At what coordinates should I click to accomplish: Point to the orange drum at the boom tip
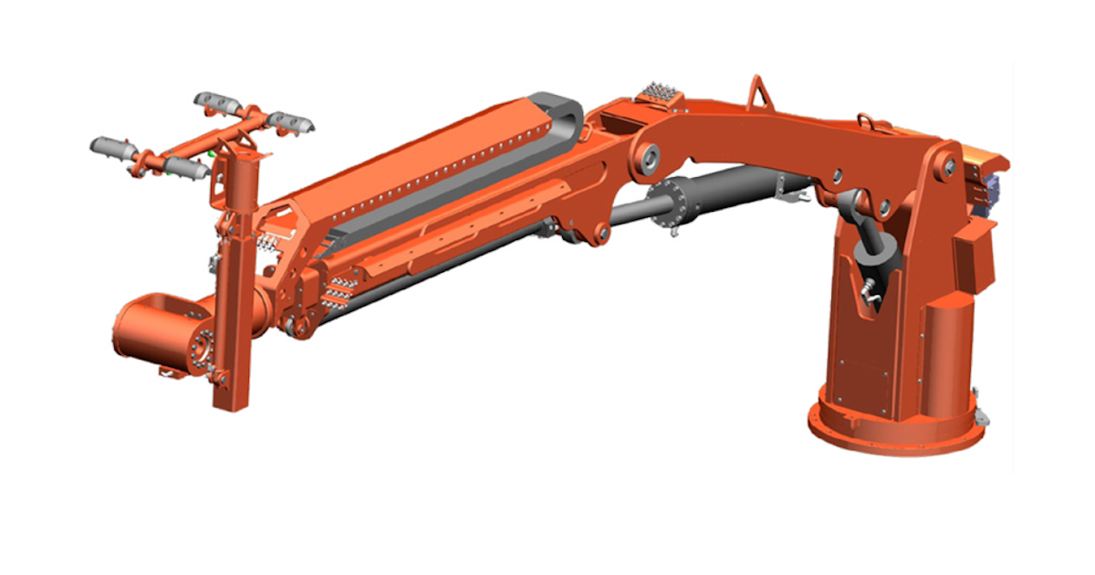pyautogui.click(x=151, y=329)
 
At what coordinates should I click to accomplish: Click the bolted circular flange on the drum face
pyautogui.click(x=199, y=346)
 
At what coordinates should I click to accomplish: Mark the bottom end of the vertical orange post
pyautogui.click(x=229, y=402)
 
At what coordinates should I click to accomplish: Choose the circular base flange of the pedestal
pyautogui.click(x=895, y=429)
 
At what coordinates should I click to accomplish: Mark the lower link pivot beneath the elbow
pyautogui.click(x=600, y=235)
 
